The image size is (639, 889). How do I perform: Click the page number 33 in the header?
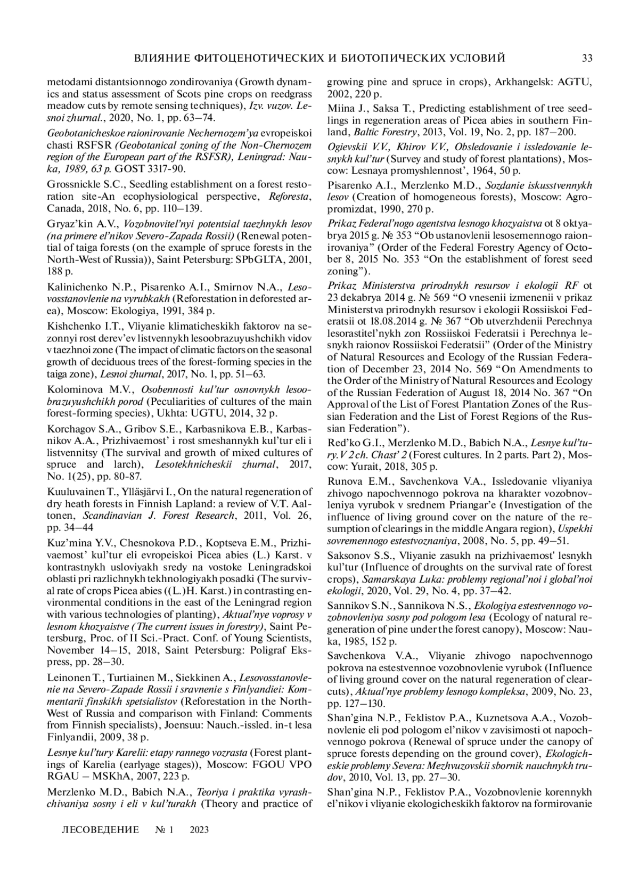587,58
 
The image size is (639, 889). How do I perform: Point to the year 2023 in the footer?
199,830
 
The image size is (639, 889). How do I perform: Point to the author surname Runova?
343,481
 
